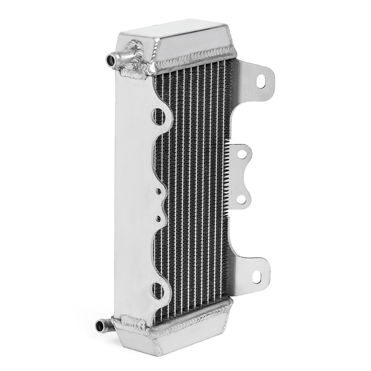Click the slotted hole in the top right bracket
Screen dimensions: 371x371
(x=261, y=81)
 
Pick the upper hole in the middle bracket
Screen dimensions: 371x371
(x=241, y=154)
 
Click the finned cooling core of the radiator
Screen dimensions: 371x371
(x=198, y=188)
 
